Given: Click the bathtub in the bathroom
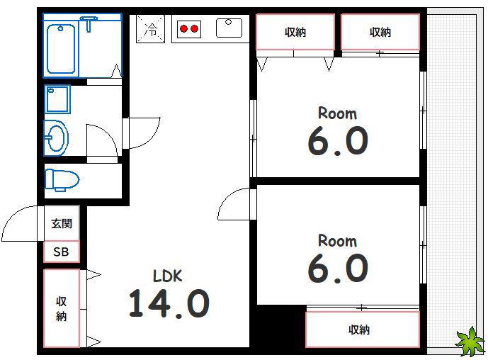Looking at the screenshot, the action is coord(61,49).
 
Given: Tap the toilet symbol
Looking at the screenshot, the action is coord(62,180).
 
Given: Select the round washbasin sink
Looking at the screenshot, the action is coord(56,138).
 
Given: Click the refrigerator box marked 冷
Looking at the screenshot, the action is coord(151,29).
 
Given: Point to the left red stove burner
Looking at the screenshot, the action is coord(184,29).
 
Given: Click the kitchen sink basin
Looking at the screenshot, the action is coord(229,28).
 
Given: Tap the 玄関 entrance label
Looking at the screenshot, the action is coord(62,223).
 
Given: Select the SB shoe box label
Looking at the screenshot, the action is coord(61,252).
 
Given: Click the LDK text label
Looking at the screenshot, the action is coord(167,276).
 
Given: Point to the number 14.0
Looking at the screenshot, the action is coord(169,303).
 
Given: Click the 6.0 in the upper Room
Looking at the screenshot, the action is coord(338,141).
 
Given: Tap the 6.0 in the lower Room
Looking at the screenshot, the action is coord(338,268).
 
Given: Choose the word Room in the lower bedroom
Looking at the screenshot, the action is coord(337,241).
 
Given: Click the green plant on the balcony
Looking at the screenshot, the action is coord(470,341).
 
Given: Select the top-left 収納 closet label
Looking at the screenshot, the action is coord(295,32).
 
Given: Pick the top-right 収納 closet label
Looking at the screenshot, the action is coord(380,32).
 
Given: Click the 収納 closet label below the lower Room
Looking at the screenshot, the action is coord(359,330).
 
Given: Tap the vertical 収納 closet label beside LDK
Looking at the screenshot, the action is coord(62,308).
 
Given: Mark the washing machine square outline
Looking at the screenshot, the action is coord(57,99).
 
